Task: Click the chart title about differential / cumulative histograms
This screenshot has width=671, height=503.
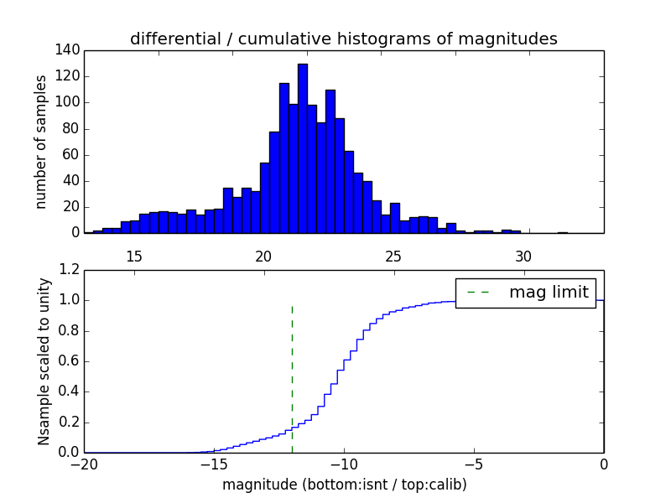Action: coord(343,39)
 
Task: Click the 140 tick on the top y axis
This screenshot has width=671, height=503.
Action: coord(70,50)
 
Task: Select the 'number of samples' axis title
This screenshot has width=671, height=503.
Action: coord(41,141)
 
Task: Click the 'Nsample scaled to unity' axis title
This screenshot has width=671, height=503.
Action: coord(44,360)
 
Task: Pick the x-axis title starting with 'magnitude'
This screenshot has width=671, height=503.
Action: coord(344,485)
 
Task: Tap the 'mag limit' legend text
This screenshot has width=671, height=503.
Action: coord(549,293)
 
